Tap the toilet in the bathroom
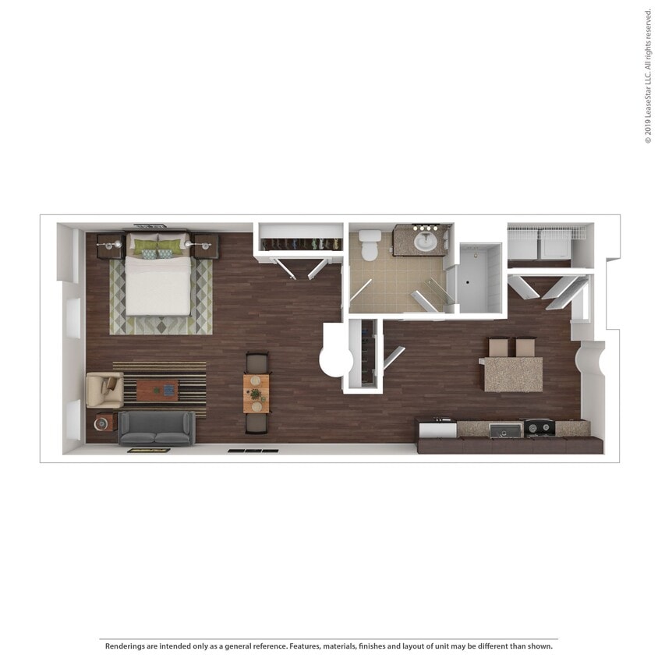pos(370,245)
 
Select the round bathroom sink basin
pos(426,242)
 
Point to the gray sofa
pos(157,428)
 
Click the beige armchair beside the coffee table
pos(104,390)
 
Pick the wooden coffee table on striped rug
pos(157,390)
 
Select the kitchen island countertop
pos(513,375)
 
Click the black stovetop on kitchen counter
pos(539,427)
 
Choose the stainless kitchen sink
pos(505,430)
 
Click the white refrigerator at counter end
pos(437,429)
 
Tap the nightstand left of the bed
pos(110,246)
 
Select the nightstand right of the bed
pos(206,246)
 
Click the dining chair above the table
pos(256,363)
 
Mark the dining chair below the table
pos(256,423)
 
